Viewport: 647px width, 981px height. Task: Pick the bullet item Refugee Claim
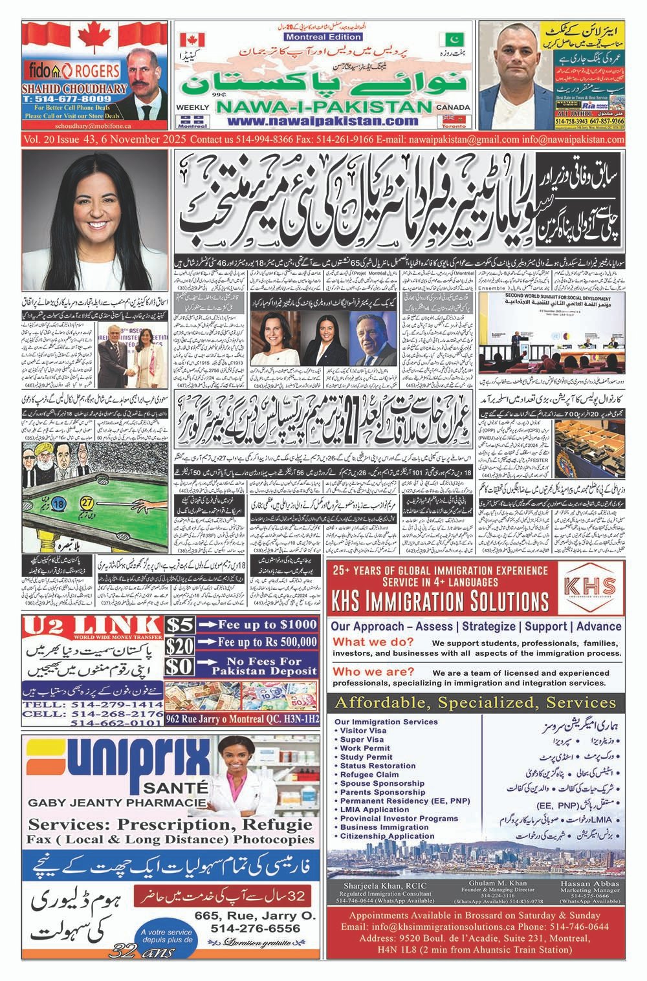[x=369, y=774]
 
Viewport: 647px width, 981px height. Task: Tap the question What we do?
[x=373, y=642]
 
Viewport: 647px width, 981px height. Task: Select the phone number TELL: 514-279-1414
[x=92, y=704]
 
